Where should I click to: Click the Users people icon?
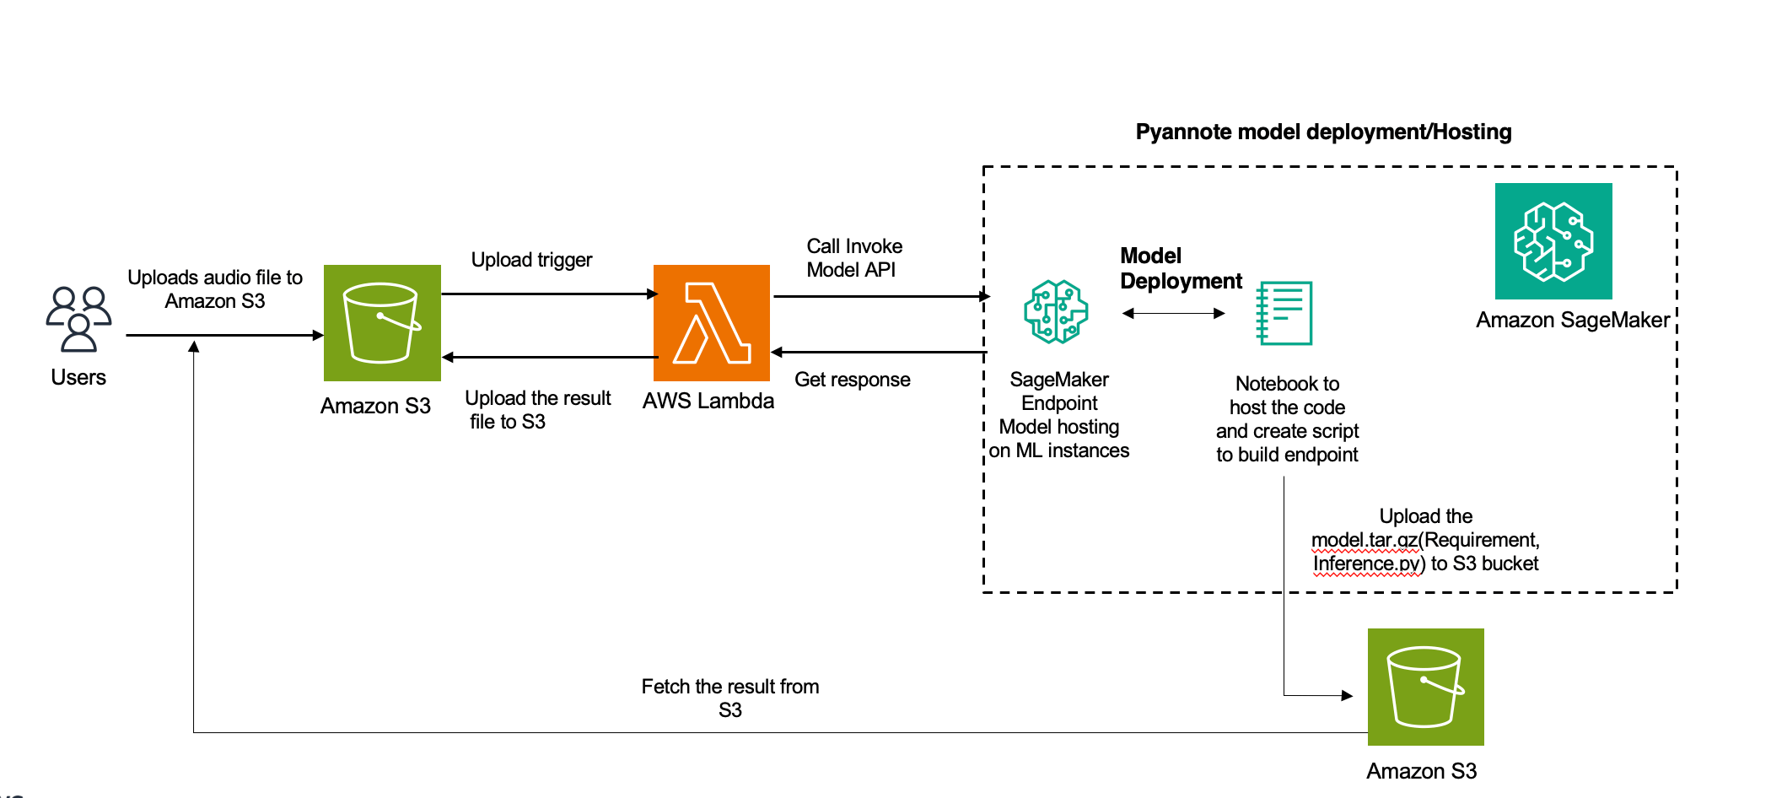78,319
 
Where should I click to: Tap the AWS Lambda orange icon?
712,323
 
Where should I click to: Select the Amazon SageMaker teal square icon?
1553,241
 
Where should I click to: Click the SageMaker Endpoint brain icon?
1056,312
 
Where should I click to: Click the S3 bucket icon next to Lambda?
382,323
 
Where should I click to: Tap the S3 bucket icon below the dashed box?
1425,687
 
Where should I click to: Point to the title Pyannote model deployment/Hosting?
1323,132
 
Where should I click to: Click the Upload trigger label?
531,260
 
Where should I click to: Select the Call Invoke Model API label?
853,258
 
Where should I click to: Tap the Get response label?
852,380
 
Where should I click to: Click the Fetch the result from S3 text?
730,698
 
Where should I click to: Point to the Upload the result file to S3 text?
537,409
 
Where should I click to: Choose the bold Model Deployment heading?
1181,268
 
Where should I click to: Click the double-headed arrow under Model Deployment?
1174,314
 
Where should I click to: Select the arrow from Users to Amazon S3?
224,335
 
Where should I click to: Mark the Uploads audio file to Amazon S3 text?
215,289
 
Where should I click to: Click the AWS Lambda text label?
708,401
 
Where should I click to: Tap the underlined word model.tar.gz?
1365,540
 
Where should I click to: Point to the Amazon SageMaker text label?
1573,321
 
